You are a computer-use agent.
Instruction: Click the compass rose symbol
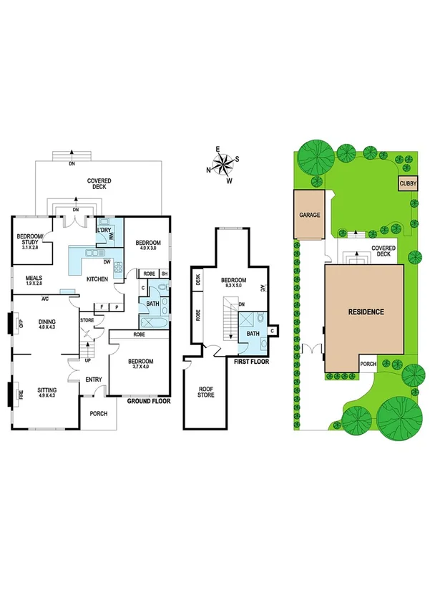pos(224,164)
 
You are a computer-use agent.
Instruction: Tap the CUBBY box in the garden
pos(406,184)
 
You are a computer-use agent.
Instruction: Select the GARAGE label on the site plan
pos(309,215)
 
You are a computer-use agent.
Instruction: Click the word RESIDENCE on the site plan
pos(366,312)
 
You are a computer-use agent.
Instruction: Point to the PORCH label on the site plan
pos(368,363)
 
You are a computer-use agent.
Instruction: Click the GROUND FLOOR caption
pos(149,402)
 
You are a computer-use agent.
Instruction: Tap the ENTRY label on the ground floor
pos(94,380)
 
